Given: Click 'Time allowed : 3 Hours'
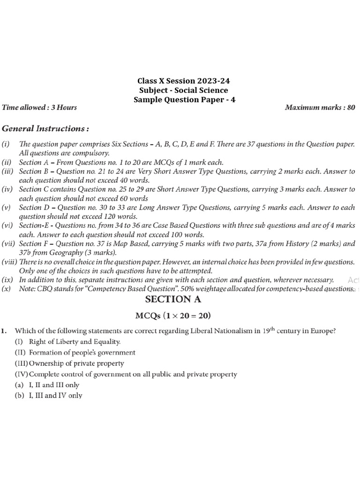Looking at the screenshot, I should (39, 107).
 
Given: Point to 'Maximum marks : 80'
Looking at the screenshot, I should (320, 107).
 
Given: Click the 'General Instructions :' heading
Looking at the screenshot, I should (45, 128).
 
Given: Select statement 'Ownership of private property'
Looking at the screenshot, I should (76, 363).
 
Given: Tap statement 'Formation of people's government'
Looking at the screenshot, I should (82, 352).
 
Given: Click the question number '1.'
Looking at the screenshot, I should (4, 331).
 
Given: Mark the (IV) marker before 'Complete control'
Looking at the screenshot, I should (21, 374).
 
